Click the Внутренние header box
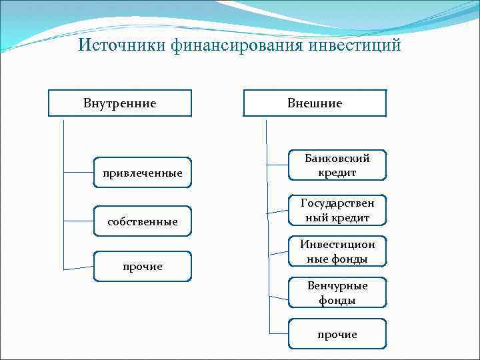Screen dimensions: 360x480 click(120, 103)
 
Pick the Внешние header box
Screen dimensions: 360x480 click(315, 103)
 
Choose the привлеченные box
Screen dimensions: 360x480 click(143, 173)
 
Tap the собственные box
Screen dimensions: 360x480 click(143, 221)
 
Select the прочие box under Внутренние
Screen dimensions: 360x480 click(143, 266)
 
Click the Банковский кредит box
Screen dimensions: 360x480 click(337, 165)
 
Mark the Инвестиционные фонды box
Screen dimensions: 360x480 click(337, 252)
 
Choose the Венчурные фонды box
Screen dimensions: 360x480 click(337, 293)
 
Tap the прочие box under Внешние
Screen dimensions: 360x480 click(337, 333)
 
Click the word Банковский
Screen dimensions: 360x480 click(337, 159)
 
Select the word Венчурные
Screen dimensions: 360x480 click(337, 286)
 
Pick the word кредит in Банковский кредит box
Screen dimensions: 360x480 click(337, 173)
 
